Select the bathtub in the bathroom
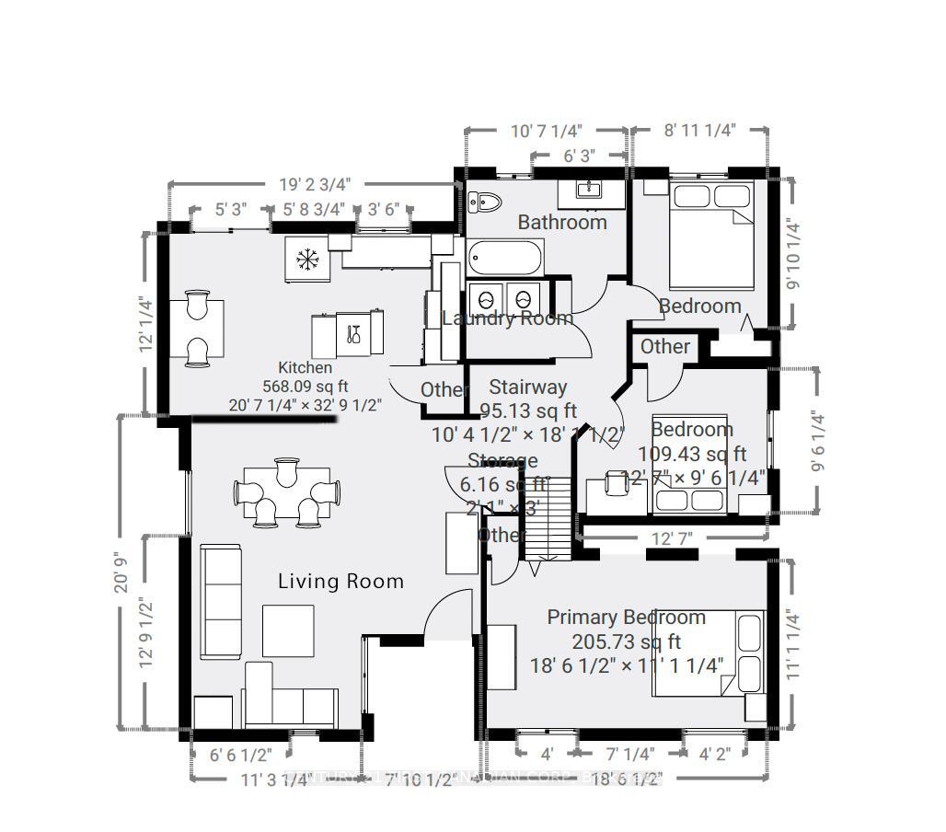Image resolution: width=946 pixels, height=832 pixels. pos(504,259)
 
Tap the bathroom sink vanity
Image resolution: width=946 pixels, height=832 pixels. pos(589,191)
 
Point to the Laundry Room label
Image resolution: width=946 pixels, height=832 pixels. pos(507,318)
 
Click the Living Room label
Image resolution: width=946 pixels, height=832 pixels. pos(340,582)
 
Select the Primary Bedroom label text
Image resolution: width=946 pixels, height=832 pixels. pos(626,618)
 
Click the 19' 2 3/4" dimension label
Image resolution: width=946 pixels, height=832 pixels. pos(315,184)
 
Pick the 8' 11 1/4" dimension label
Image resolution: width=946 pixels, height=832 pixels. pos(700,131)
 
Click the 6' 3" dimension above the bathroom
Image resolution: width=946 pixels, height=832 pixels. pos(579,156)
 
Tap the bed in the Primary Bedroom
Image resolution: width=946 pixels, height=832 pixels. pos(709,655)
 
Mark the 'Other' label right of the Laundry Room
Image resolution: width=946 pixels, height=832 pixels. pos(664,347)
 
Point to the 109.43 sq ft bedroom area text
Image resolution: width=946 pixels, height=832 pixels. pos(692,454)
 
